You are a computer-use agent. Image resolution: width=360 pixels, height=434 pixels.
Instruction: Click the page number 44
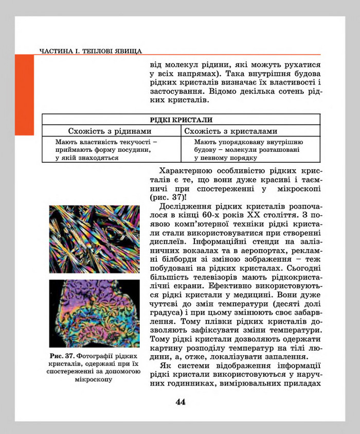point(180,402)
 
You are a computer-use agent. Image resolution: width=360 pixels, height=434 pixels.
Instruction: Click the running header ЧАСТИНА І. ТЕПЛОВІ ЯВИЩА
point(90,51)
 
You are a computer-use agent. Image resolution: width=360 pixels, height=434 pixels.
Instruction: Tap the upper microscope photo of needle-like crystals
point(94,239)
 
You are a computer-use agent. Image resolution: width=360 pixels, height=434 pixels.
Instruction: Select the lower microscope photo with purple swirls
point(94,313)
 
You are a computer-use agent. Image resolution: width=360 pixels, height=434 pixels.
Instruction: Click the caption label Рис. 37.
point(63,356)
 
